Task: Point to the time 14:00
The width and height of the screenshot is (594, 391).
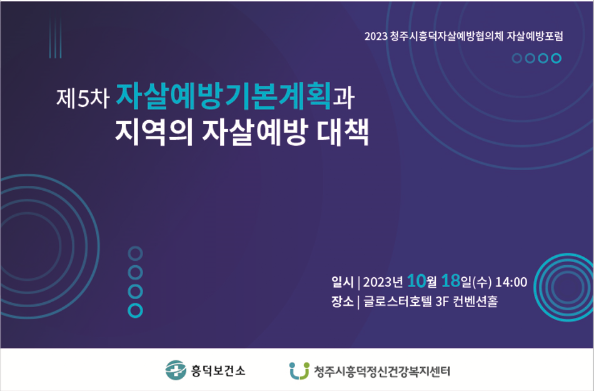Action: coord(511,282)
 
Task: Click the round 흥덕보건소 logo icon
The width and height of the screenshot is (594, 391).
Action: coord(176,370)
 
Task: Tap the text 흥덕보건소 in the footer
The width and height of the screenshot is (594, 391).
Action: coord(218,370)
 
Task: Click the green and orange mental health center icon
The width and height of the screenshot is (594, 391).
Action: coord(299,370)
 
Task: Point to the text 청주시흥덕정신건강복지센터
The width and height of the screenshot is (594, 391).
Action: coord(381,371)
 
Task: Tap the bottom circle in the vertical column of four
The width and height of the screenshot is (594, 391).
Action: coord(135,310)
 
